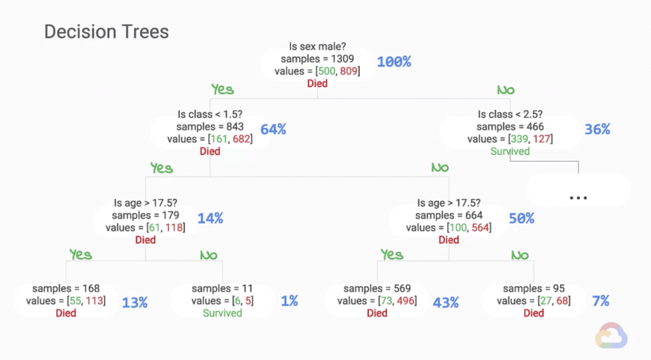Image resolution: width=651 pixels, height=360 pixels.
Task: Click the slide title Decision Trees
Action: (106, 32)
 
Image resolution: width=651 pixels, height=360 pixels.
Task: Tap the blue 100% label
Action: (394, 62)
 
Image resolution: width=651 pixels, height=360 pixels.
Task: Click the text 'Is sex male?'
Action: (317, 46)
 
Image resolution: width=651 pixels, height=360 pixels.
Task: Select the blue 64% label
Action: (273, 129)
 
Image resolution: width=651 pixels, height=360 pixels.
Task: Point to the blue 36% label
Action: (597, 129)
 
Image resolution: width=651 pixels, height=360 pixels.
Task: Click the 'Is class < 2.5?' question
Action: (510, 114)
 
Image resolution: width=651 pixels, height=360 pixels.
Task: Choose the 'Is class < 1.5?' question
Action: (210, 114)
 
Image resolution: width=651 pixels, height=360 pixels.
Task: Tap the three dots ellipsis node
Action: (579, 198)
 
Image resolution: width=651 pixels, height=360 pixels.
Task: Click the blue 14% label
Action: (210, 218)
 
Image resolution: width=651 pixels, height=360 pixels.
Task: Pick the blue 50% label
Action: (521, 218)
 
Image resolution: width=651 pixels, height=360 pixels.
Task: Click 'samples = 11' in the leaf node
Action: (223, 289)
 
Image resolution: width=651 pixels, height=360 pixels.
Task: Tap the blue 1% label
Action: (289, 301)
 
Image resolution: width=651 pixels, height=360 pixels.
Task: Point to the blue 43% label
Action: (446, 302)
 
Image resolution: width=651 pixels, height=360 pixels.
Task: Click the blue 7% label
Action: (601, 301)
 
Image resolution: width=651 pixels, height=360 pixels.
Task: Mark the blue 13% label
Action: (134, 302)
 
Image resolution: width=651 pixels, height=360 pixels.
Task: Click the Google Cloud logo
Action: (612, 336)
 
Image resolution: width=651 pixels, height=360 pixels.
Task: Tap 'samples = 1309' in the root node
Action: (317, 59)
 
